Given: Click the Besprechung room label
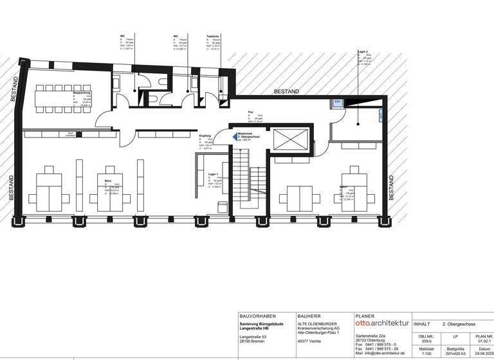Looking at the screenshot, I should tap(81, 93).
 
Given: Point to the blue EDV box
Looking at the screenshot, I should tap(337, 102).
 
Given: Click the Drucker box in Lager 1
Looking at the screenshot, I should tap(223, 204).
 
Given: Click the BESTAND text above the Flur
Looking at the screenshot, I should tap(286, 92).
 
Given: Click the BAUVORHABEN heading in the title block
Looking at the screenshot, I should tap(257, 316).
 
